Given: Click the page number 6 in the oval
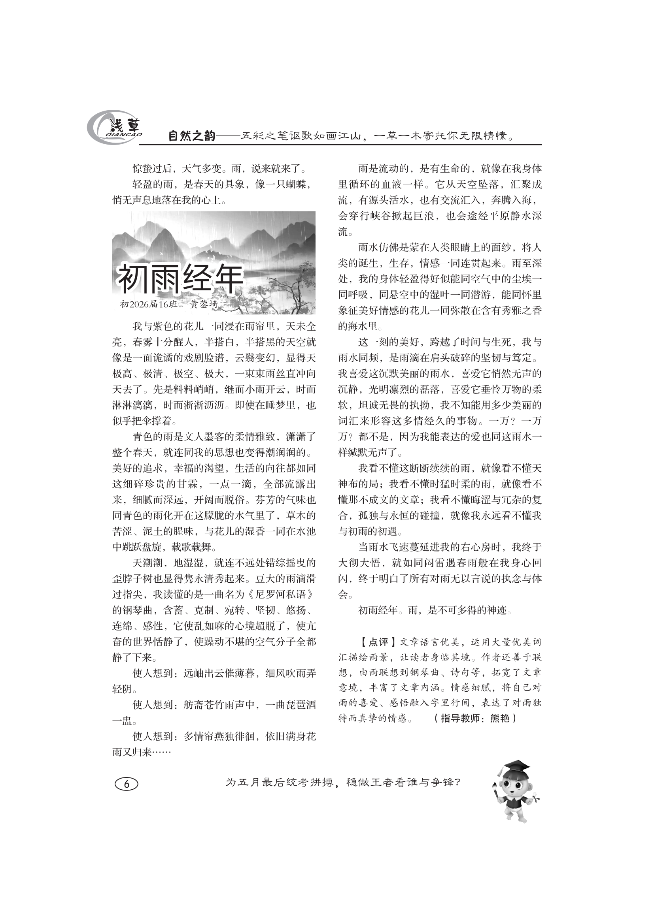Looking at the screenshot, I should pyautogui.click(x=127, y=784).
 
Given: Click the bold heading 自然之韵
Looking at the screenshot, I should pyautogui.click(x=192, y=136).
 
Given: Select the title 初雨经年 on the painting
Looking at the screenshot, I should pyautogui.click(x=180, y=278).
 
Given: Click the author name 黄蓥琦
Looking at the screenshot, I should pyautogui.click(x=204, y=304).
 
